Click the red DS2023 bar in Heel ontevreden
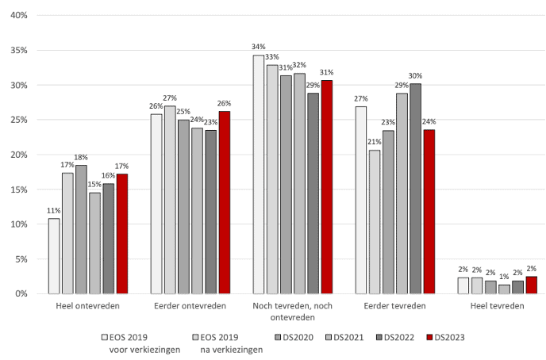[x=122, y=234]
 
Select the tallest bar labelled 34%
[x=258, y=174]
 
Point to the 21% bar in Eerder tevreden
[x=375, y=222]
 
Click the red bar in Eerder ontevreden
[x=225, y=202]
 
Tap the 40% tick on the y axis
[x=19, y=16]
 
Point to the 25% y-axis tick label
[x=19, y=120]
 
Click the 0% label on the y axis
[x=21, y=294]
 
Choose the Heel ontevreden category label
[x=88, y=306]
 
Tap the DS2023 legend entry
[x=444, y=337]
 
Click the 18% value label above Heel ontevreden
[x=81, y=158]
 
